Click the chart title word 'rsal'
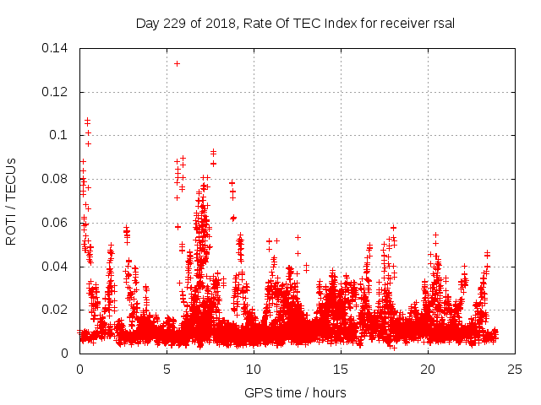tap(442, 24)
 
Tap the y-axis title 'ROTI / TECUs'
tap(12, 201)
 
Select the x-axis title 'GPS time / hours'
tap(295, 392)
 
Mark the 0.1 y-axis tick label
tap(58, 135)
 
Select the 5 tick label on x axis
tap(167, 369)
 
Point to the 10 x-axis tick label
tap(254, 369)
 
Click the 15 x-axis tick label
tap(341, 369)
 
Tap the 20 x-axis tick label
tap(428, 369)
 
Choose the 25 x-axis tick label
tap(515, 369)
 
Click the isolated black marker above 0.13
tap(177, 63)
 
